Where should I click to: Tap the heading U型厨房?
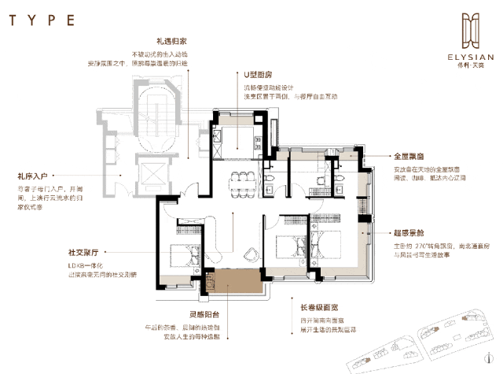pyautogui.click(x=259, y=76)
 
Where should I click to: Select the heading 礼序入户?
pyautogui.click(x=32, y=177)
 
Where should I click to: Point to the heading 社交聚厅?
pyautogui.click(x=83, y=254)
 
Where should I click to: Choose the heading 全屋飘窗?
pyautogui.click(x=409, y=157)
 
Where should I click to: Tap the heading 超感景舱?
pyautogui.click(x=409, y=233)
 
